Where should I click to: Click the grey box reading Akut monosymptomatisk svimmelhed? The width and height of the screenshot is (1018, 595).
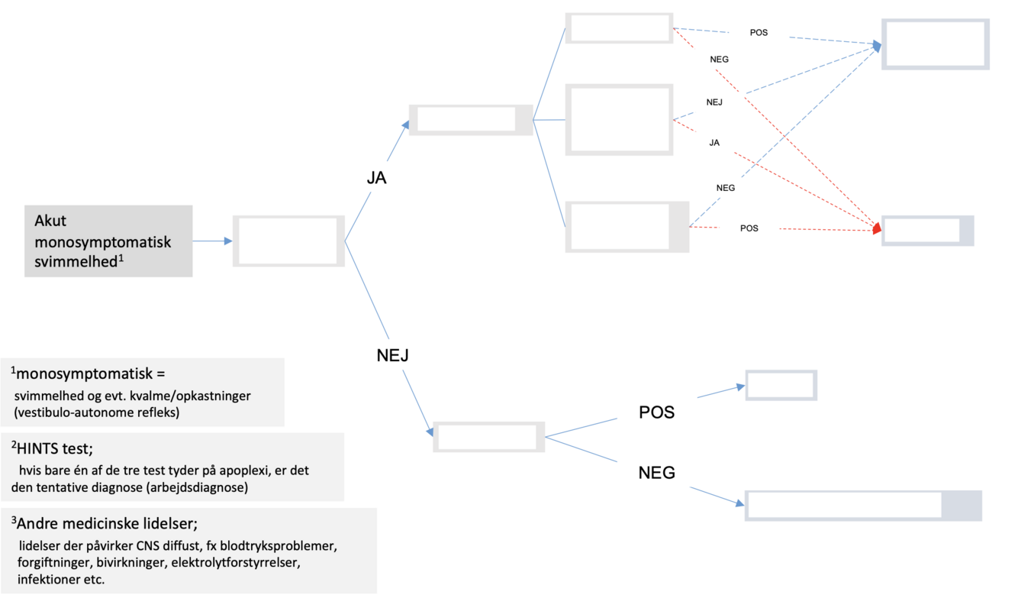[x=108, y=241]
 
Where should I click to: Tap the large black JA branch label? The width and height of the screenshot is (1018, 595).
[x=376, y=178]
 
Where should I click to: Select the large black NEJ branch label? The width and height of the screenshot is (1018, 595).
[x=394, y=354]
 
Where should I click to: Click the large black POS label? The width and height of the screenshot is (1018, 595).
[x=656, y=412]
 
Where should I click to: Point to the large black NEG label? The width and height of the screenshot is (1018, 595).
[x=656, y=473]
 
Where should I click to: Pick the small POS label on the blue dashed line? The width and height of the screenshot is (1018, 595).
[x=759, y=33]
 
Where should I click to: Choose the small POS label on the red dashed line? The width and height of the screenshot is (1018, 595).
[x=749, y=228]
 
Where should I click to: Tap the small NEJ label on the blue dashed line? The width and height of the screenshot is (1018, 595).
[x=714, y=102]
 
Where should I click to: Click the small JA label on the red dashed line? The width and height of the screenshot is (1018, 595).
[x=714, y=143]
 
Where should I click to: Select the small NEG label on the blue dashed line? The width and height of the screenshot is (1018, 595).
[x=726, y=188]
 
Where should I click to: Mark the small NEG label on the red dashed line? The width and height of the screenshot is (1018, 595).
[x=719, y=60]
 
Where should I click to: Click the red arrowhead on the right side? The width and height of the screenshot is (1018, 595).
[x=878, y=228]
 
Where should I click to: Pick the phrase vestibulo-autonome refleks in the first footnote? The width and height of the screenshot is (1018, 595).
[x=82, y=412]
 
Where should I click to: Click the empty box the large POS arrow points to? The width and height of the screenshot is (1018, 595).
[x=781, y=386]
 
